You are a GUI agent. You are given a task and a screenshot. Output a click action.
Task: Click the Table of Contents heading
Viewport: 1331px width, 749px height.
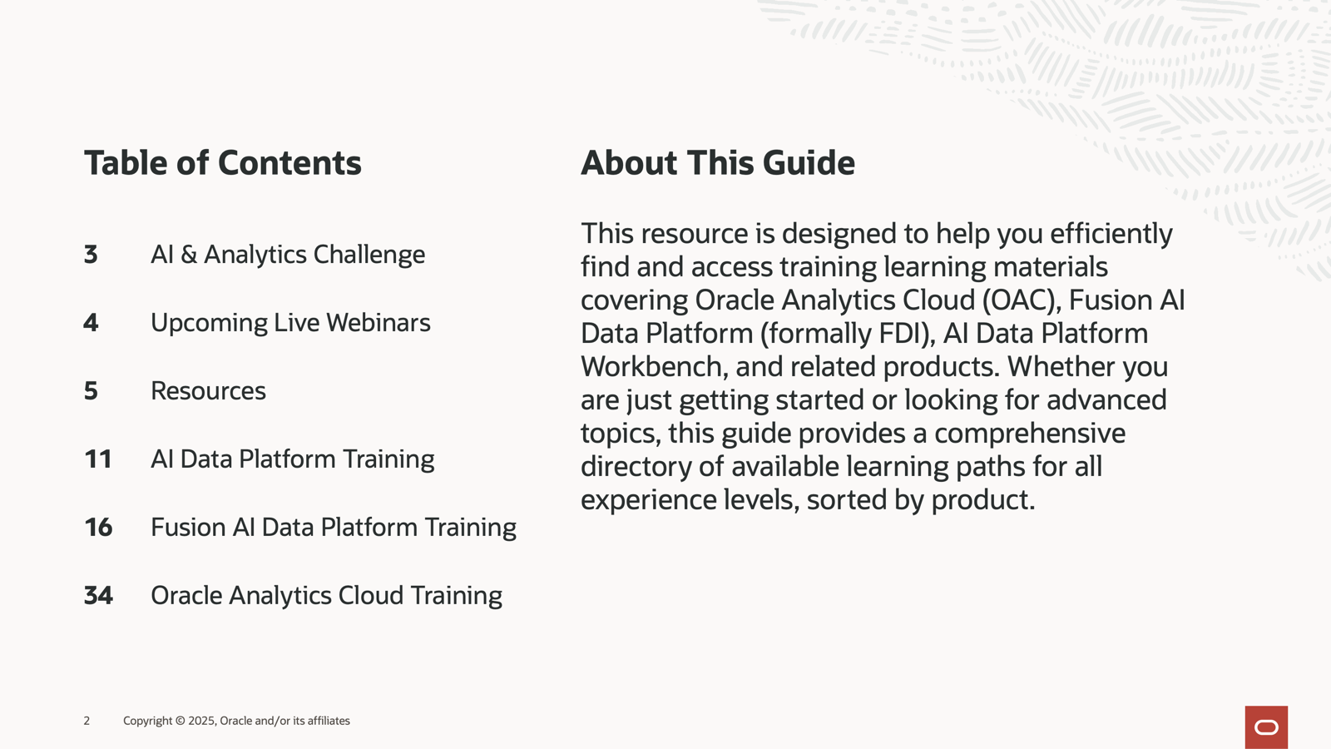pyautogui.click(x=223, y=163)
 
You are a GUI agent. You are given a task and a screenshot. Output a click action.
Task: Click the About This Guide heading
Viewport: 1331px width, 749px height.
pyautogui.click(x=718, y=163)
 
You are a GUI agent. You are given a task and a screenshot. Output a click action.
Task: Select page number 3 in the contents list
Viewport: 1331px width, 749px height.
pyautogui.click(x=91, y=255)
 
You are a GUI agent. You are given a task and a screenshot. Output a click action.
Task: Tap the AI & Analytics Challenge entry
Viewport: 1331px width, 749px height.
pyautogui.click(x=288, y=255)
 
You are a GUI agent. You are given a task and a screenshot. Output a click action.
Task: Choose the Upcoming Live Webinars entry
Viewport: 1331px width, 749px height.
pyautogui.click(x=290, y=324)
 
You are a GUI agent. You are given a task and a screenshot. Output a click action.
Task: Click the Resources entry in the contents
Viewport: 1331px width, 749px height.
pyautogui.click(x=208, y=391)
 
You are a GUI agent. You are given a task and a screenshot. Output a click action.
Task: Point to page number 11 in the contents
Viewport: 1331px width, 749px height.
pyautogui.click(x=98, y=459)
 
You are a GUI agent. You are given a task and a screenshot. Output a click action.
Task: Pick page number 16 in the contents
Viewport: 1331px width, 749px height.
pyautogui.click(x=98, y=528)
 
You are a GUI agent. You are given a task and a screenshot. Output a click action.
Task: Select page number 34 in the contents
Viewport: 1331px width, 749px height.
pyautogui.click(x=98, y=596)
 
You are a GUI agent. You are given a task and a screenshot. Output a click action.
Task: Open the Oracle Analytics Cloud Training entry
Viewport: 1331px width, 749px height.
pyautogui.click(x=326, y=596)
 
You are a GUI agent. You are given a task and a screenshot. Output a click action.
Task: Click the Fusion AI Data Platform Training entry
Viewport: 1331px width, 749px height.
pyautogui.click(x=334, y=528)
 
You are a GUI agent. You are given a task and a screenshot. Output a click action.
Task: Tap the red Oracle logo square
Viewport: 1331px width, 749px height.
pyautogui.click(x=1266, y=727)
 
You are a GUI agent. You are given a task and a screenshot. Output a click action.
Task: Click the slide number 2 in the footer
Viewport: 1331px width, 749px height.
pyautogui.click(x=87, y=721)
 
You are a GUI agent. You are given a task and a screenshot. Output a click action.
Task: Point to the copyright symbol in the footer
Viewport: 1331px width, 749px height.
pyautogui.click(x=181, y=721)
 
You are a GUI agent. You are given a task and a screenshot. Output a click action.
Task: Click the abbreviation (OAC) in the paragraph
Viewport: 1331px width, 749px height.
pyautogui.click(x=1022, y=300)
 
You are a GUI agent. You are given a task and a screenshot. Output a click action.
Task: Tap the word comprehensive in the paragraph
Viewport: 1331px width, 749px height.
pyautogui.click(x=1030, y=434)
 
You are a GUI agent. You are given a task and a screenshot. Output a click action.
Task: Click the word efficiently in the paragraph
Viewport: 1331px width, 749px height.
pyautogui.click(x=1111, y=234)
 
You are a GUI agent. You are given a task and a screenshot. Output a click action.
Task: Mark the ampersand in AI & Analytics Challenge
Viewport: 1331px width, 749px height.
pyautogui.click(x=188, y=255)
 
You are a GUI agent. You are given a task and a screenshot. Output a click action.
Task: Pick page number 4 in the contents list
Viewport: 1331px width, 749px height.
pyautogui.click(x=91, y=323)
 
